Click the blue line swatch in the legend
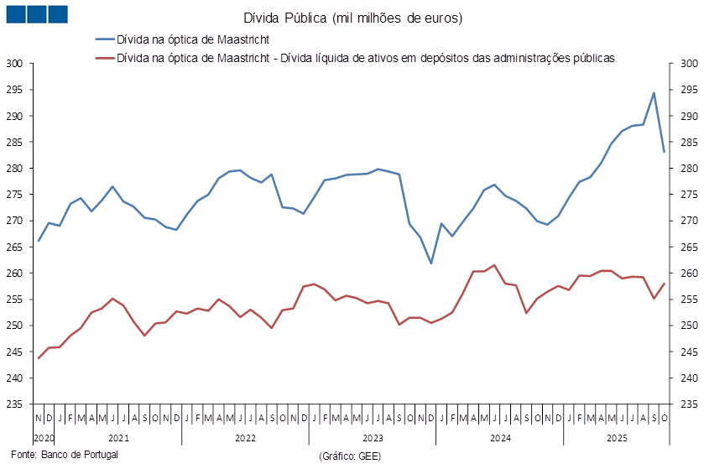pyautogui.click(x=104, y=39)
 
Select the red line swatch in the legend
pyautogui.click(x=104, y=59)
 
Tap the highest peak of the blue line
pyautogui.click(x=654, y=92)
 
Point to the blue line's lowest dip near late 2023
pyautogui.click(x=431, y=263)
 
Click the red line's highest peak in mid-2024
pyautogui.click(x=495, y=264)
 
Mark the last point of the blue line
pyautogui.click(x=665, y=152)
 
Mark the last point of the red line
pyautogui.click(x=665, y=283)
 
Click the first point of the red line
pyautogui.click(x=39, y=358)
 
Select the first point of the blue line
pyautogui.click(x=39, y=242)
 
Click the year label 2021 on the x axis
pyautogui.click(x=118, y=437)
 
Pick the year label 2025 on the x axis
pyautogui.click(x=617, y=437)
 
